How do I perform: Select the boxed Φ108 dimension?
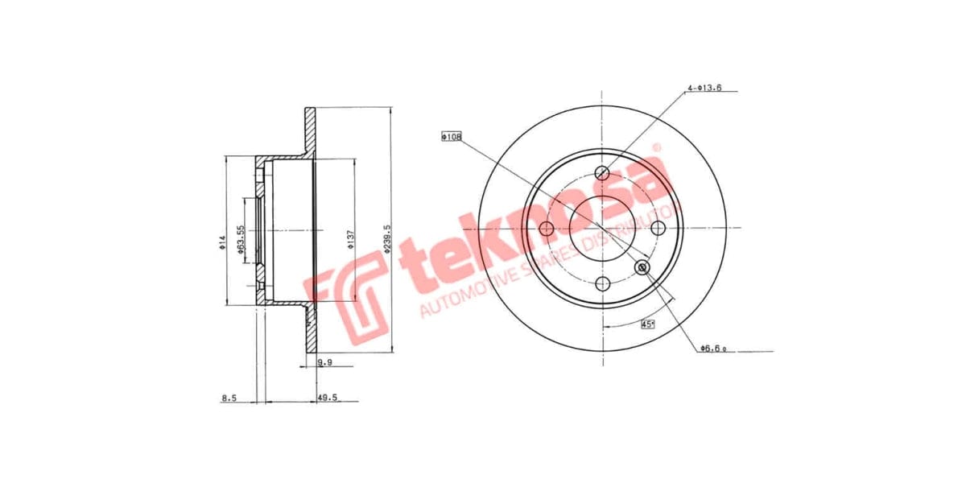451,137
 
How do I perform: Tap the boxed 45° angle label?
647,324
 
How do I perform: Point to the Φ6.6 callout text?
713,348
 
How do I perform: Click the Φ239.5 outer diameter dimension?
388,239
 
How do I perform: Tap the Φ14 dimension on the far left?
223,242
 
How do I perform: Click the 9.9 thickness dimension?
325,363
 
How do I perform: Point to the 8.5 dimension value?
229,397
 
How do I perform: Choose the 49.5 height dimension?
328,397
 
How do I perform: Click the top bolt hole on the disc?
602,173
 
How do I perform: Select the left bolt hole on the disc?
547,229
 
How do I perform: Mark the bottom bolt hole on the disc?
602,284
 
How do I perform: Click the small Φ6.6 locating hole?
642,267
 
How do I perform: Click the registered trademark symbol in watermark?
656,148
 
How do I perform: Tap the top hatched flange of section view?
310,129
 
